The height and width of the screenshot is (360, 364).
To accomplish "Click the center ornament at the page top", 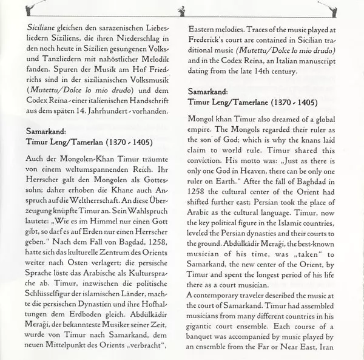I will click(181, 10).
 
